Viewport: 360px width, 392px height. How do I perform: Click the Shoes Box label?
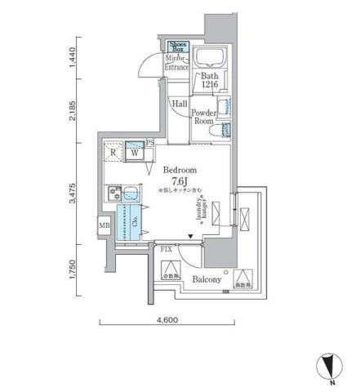tap(176, 47)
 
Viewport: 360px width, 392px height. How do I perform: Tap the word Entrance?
tap(177, 67)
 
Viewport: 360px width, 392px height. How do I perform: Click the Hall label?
tap(180, 104)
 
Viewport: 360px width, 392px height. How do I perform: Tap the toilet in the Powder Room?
tap(215, 131)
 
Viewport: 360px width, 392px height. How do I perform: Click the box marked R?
tap(113, 151)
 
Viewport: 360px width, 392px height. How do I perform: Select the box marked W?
tap(133, 151)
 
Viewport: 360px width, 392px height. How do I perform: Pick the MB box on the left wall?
tap(105, 225)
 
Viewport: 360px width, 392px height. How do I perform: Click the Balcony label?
tap(207, 280)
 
